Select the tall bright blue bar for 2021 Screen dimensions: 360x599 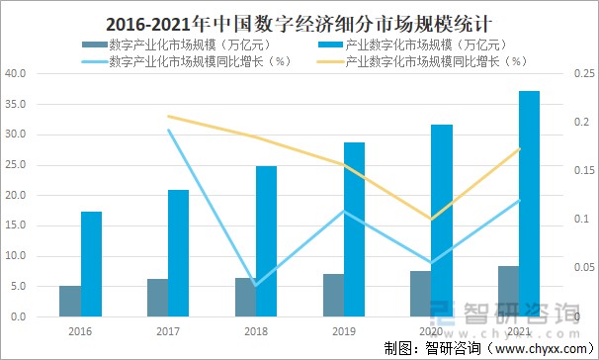tap(529, 204)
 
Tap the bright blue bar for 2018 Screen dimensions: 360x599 tap(266, 241)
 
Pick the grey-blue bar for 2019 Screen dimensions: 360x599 tap(333, 296)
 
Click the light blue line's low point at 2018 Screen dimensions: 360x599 tap(255, 285)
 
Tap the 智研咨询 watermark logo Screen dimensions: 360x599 tap(509, 315)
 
